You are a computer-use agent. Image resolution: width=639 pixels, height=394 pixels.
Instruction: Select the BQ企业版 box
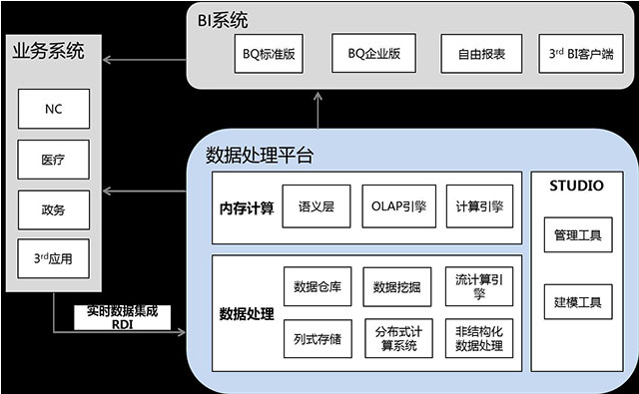(x=373, y=53)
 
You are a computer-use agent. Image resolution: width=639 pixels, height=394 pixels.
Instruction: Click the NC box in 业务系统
(x=54, y=109)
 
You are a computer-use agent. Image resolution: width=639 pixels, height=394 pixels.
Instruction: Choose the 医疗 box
(x=54, y=160)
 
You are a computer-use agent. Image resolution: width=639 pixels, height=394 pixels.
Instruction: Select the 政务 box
(x=54, y=210)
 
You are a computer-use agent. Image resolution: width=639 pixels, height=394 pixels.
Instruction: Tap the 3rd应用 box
(x=54, y=261)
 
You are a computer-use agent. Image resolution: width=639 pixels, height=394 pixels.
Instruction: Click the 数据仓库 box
(x=319, y=287)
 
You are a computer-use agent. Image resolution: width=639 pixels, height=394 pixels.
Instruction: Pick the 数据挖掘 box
(x=396, y=287)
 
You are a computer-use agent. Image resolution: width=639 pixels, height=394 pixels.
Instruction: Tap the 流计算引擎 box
(x=479, y=287)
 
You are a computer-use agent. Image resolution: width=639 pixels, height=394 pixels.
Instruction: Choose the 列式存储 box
(x=319, y=339)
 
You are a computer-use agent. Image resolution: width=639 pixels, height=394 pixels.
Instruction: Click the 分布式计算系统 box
(x=396, y=339)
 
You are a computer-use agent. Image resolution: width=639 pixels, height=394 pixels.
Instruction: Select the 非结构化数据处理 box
(x=479, y=339)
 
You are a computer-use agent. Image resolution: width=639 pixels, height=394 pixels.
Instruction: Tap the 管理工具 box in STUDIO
(x=577, y=236)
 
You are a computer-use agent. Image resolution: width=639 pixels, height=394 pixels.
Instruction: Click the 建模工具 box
(x=577, y=299)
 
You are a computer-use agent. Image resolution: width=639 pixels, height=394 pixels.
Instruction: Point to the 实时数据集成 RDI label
(x=123, y=316)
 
